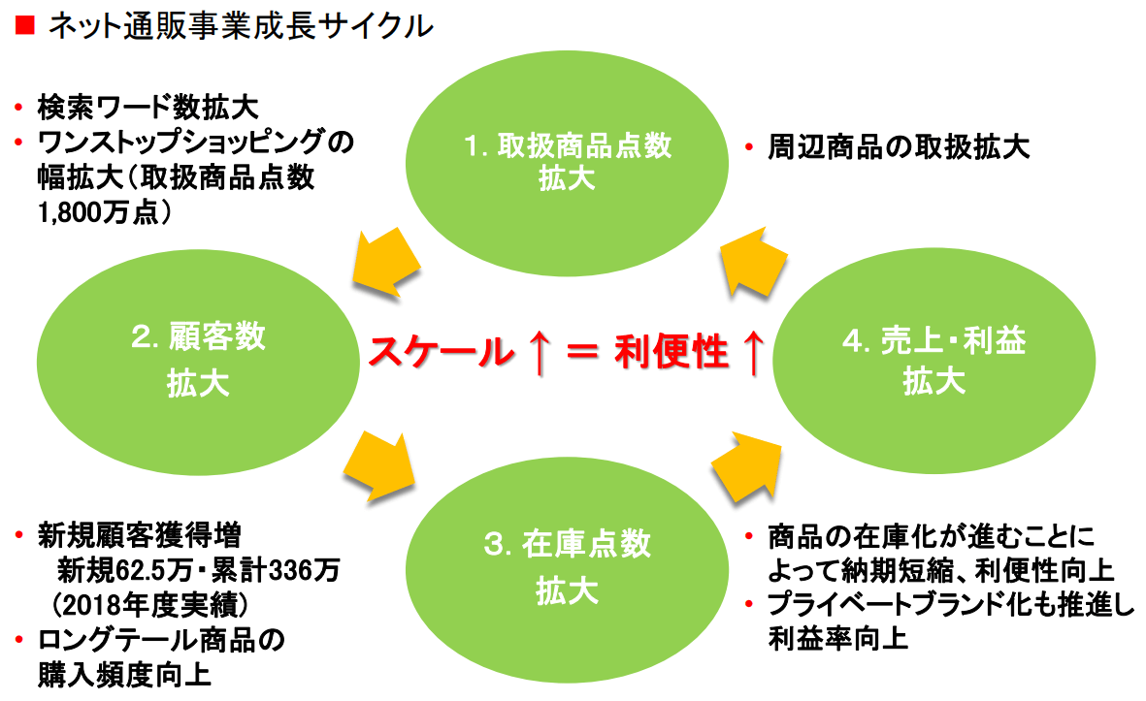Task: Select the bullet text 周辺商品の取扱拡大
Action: [898, 147]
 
